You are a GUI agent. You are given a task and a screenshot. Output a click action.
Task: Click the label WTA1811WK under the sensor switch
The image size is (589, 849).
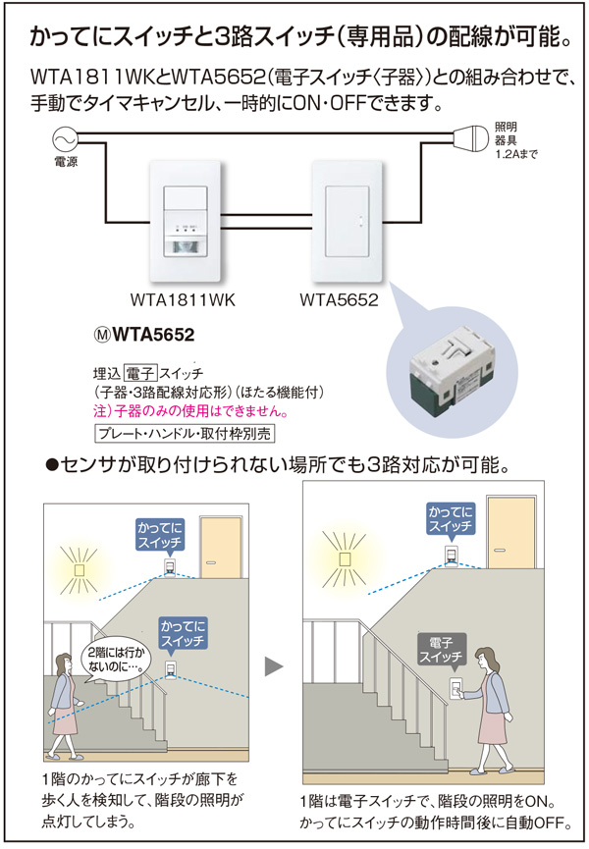coord(187,299)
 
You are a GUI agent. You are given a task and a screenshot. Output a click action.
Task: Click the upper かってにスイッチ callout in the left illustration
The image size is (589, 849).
coord(162,536)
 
